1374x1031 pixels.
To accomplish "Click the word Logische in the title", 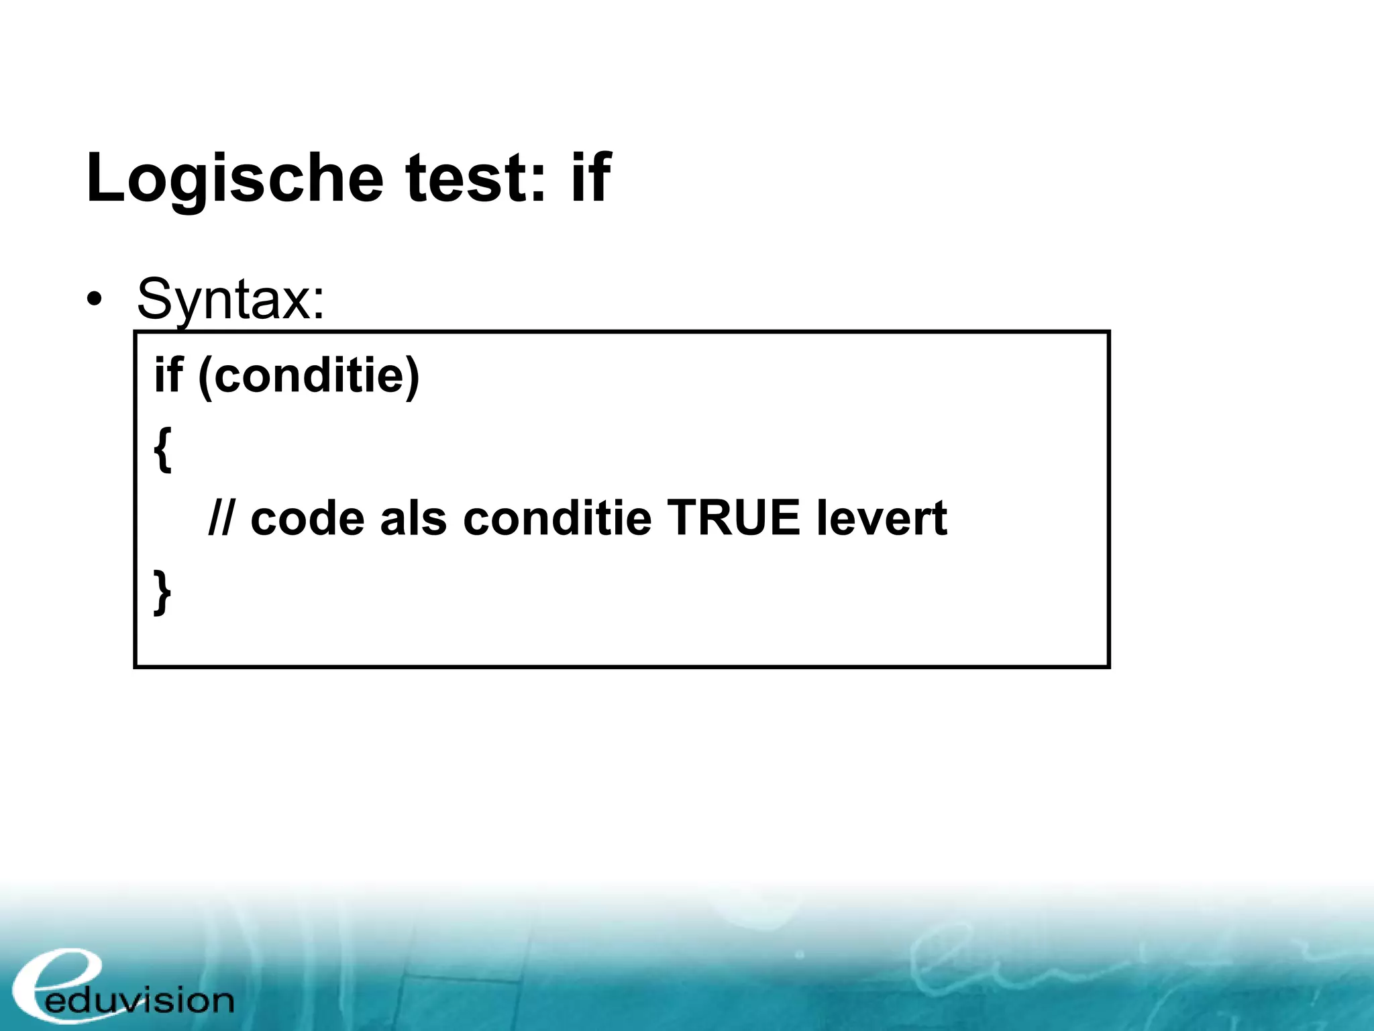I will (x=235, y=179).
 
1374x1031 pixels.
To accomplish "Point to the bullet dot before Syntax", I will (x=95, y=299).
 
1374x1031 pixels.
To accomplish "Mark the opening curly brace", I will (x=162, y=448).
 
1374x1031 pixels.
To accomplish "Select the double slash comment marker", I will (x=221, y=518).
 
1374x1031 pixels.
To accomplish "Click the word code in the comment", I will (x=307, y=519).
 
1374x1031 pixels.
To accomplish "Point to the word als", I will (x=413, y=519).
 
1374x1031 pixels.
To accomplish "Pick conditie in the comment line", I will (x=557, y=519).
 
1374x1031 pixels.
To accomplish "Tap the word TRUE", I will (x=733, y=518).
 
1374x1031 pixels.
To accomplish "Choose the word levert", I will (x=882, y=519).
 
